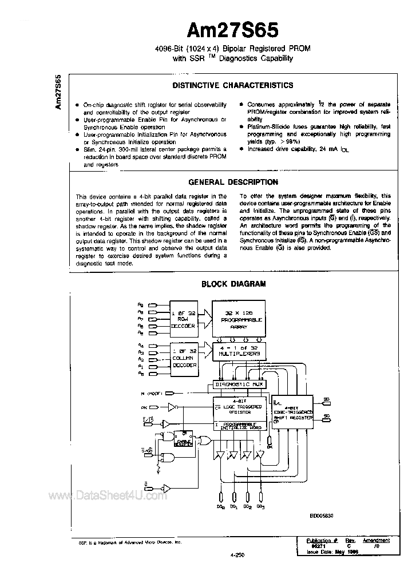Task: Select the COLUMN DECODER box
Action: (184, 357)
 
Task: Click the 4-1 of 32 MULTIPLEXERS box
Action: (240, 351)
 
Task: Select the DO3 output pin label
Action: (261, 506)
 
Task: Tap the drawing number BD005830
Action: (322, 515)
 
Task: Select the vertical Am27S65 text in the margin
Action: (58, 92)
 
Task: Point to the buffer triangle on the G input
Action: (165, 487)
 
